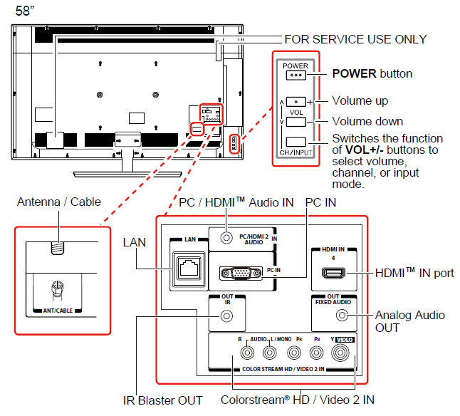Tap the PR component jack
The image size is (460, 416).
pyautogui.click(x=294, y=352)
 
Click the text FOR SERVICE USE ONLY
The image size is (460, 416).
pyautogui.click(x=355, y=39)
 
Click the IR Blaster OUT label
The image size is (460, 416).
pyautogui.click(x=161, y=400)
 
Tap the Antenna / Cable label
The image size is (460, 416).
pyautogui.click(x=59, y=203)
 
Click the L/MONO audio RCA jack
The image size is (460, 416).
pyautogui.click(x=270, y=352)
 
